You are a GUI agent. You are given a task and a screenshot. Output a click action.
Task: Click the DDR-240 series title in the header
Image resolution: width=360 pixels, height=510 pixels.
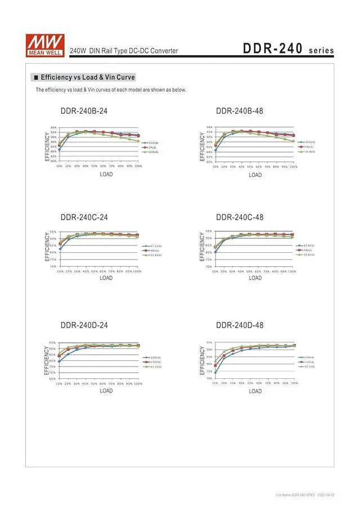point(288,49)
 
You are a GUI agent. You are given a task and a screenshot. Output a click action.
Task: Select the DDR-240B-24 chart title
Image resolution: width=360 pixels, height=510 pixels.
point(84,111)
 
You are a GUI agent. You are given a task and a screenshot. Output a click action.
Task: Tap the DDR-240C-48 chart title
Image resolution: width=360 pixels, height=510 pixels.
point(240,217)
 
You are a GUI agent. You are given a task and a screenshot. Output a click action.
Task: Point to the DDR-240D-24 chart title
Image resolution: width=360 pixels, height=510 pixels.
point(84,325)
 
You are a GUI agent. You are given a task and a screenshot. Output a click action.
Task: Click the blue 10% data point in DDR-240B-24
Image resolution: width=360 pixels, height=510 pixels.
point(59,150)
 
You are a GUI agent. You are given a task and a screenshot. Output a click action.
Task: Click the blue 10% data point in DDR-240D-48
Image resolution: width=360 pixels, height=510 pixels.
point(215,372)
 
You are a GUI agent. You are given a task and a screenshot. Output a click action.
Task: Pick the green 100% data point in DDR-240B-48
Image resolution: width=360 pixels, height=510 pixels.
point(293,141)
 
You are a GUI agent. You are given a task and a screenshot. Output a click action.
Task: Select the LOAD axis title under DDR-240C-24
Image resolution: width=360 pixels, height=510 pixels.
point(106,278)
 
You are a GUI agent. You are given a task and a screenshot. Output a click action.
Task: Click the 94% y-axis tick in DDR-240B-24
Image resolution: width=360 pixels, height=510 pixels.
point(53,128)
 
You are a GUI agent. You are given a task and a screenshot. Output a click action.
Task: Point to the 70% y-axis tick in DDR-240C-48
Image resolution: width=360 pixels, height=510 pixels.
point(209,266)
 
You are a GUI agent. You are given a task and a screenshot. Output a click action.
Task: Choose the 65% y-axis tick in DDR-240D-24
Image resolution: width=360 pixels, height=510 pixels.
point(52,378)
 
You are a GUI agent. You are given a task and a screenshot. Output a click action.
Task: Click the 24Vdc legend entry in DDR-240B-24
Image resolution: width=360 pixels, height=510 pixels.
point(151,147)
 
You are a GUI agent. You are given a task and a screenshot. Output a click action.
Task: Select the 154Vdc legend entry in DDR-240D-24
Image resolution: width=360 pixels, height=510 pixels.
point(155,357)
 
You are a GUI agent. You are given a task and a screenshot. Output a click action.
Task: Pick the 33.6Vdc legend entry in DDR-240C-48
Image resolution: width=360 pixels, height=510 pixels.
point(308,255)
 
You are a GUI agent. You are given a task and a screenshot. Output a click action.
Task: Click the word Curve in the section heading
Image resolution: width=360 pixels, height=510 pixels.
point(125,77)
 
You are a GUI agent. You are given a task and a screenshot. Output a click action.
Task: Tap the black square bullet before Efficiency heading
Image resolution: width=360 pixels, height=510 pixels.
point(37,77)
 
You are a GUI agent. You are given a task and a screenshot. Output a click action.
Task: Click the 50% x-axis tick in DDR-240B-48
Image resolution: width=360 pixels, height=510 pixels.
point(250,167)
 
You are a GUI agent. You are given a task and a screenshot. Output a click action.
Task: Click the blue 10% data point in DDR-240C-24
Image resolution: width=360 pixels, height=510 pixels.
point(59,248)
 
